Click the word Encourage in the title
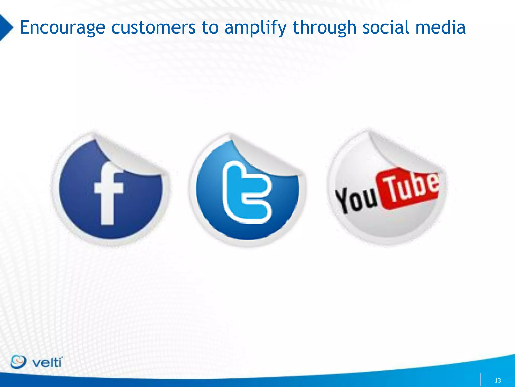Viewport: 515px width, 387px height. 62,28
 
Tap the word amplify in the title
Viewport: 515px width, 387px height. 255,28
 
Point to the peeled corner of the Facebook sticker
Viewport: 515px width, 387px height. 128,156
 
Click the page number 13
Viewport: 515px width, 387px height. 498,380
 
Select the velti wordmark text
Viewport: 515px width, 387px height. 47,363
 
